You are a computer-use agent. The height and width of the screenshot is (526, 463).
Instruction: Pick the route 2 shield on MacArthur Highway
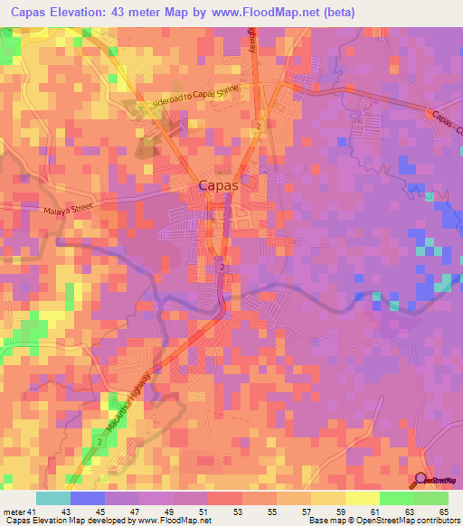(97, 439)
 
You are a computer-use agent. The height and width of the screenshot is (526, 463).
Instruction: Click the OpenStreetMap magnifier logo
(422, 480)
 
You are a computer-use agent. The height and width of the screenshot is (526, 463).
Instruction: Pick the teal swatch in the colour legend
(53, 498)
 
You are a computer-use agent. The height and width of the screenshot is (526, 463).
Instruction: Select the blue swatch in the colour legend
(88, 498)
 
